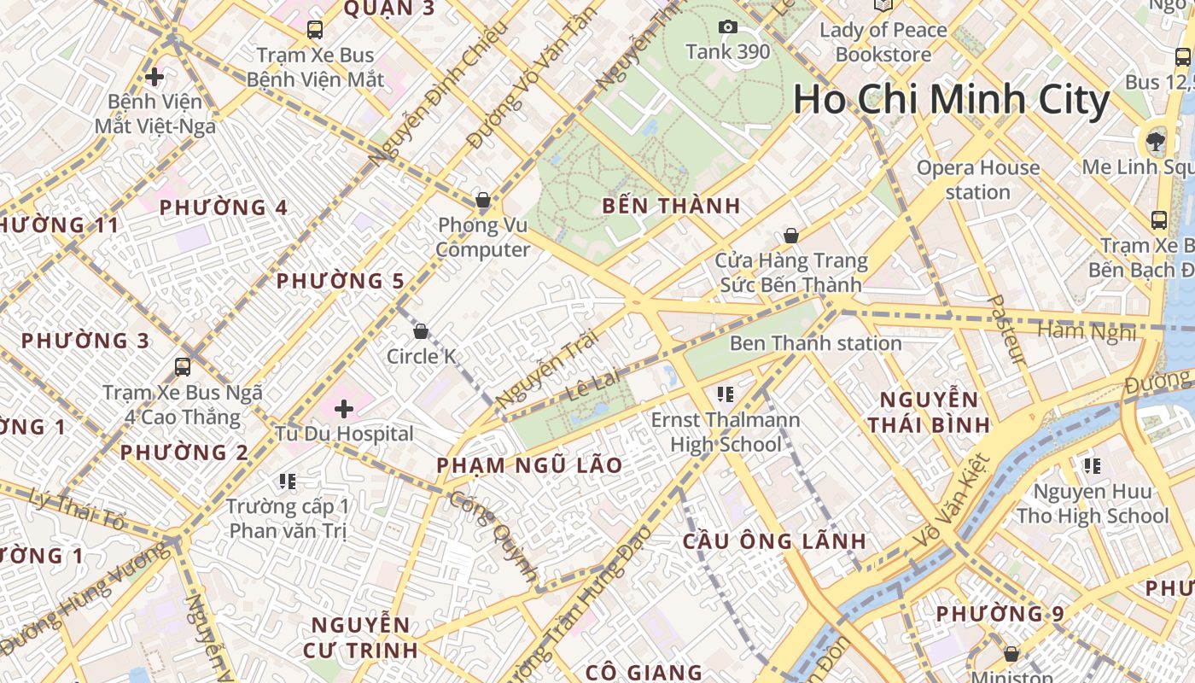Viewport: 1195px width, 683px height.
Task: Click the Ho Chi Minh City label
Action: point(951,100)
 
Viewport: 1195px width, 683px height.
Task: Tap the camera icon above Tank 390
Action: point(728,27)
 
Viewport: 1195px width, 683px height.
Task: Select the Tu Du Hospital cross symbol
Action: point(344,409)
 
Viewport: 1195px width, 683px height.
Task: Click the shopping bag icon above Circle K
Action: point(421,331)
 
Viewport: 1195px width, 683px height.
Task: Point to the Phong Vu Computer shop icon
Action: point(483,201)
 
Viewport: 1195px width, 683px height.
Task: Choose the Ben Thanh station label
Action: point(815,343)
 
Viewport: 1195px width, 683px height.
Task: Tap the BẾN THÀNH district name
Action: point(671,206)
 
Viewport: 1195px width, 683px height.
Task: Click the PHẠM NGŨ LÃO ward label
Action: point(529,465)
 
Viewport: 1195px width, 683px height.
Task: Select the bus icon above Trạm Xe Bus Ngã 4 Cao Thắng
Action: point(182,367)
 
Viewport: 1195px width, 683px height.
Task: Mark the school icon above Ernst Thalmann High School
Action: point(726,394)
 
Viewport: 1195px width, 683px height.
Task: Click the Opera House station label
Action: point(978,179)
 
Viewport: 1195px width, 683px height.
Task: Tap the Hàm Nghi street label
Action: point(1087,330)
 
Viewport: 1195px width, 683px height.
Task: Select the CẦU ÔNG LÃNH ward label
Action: point(774,541)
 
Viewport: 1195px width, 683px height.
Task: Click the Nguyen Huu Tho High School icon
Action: point(1092,466)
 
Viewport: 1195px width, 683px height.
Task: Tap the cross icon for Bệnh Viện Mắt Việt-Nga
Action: point(154,78)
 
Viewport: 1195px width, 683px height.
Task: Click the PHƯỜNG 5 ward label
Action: point(340,281)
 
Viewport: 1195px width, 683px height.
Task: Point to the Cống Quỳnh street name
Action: point(493,537)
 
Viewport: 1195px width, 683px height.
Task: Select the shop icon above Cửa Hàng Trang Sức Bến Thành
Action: point(791,236)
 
